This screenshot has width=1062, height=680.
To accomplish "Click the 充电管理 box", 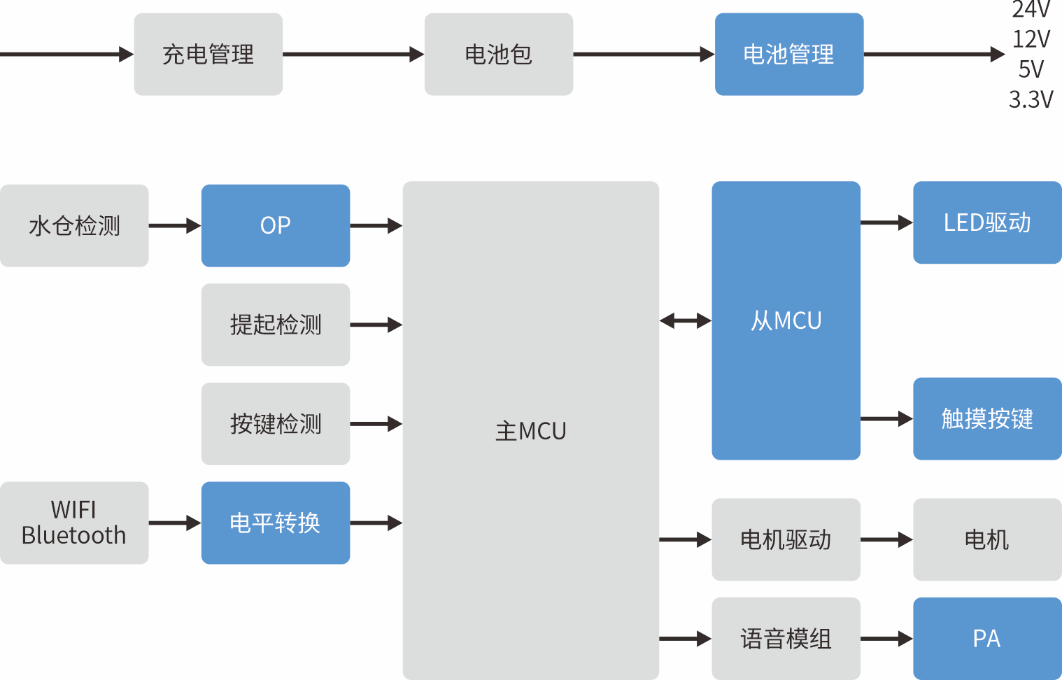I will pyautogui.click(x=208, y=54).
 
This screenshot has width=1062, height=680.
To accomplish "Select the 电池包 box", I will pyautogui.click(x=499, y=54).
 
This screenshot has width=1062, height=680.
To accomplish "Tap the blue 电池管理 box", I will pyautogui.click(x=789, y=54).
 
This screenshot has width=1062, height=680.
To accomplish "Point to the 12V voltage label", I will pyautogui.click(x=1031, y=39).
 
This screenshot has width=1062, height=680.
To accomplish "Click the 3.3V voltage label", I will pyautogui.click(x=1031, y=100).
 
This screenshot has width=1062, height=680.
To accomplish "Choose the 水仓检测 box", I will pyautogui.click(x=74, y=225).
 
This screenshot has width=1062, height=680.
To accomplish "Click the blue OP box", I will pyautogui.click(x=276, y=225).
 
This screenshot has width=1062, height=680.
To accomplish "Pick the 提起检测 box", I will pyautogui.click(x=276, y=325).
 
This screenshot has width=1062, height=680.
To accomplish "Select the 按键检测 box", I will pyautogui.click(x=276, y=424).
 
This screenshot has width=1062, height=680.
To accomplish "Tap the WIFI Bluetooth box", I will pyautogui.click(x=74, y=523).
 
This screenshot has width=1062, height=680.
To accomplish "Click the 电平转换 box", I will pyautogui.click(x=276, y=523).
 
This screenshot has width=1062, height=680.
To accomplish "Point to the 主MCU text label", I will pyautogui.click(x=531, y=431).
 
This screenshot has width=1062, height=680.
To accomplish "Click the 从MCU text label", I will pyautogui.click(x=786, y=320).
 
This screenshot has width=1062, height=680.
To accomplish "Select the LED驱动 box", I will pyautogui.click(x=987, y=222).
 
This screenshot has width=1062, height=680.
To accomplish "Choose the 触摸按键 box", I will pyautogui.click(x=987, y=418).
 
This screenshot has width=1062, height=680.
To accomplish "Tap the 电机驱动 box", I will pyautogui.click(x=786, y=539).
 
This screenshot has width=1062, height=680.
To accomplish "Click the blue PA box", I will pyautogui.click(x=987, y=638).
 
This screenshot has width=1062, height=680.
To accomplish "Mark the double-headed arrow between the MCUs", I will pyautogui.click(x=686, y=321).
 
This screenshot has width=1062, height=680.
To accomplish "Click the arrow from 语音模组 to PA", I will pyautogui.click(x=886, y=638).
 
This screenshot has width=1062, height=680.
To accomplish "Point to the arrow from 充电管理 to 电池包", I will pyautogui.click(x=353, y=54).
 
